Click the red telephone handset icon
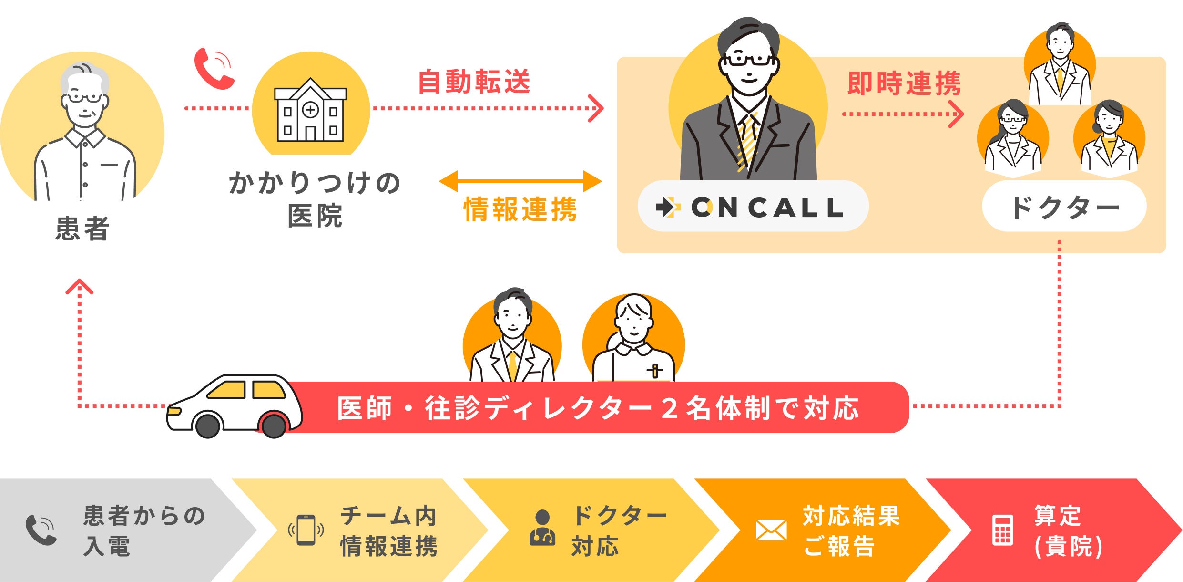point(213,69)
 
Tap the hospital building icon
point(310,111)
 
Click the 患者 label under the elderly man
point(82,229)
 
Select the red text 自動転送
point(474,82)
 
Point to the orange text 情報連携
point(520,209)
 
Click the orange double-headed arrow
point(520,181)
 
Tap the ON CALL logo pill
point(753,207)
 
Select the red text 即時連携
point(904,83)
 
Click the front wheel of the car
point(208,426)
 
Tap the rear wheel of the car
point(274,426)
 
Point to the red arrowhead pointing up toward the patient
point(79,286)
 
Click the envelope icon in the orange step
point(771,530)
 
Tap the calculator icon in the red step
point(1002,530)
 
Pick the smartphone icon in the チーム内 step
point(306,530)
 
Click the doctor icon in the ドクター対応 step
point(542,528)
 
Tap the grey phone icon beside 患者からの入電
point(41,530)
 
